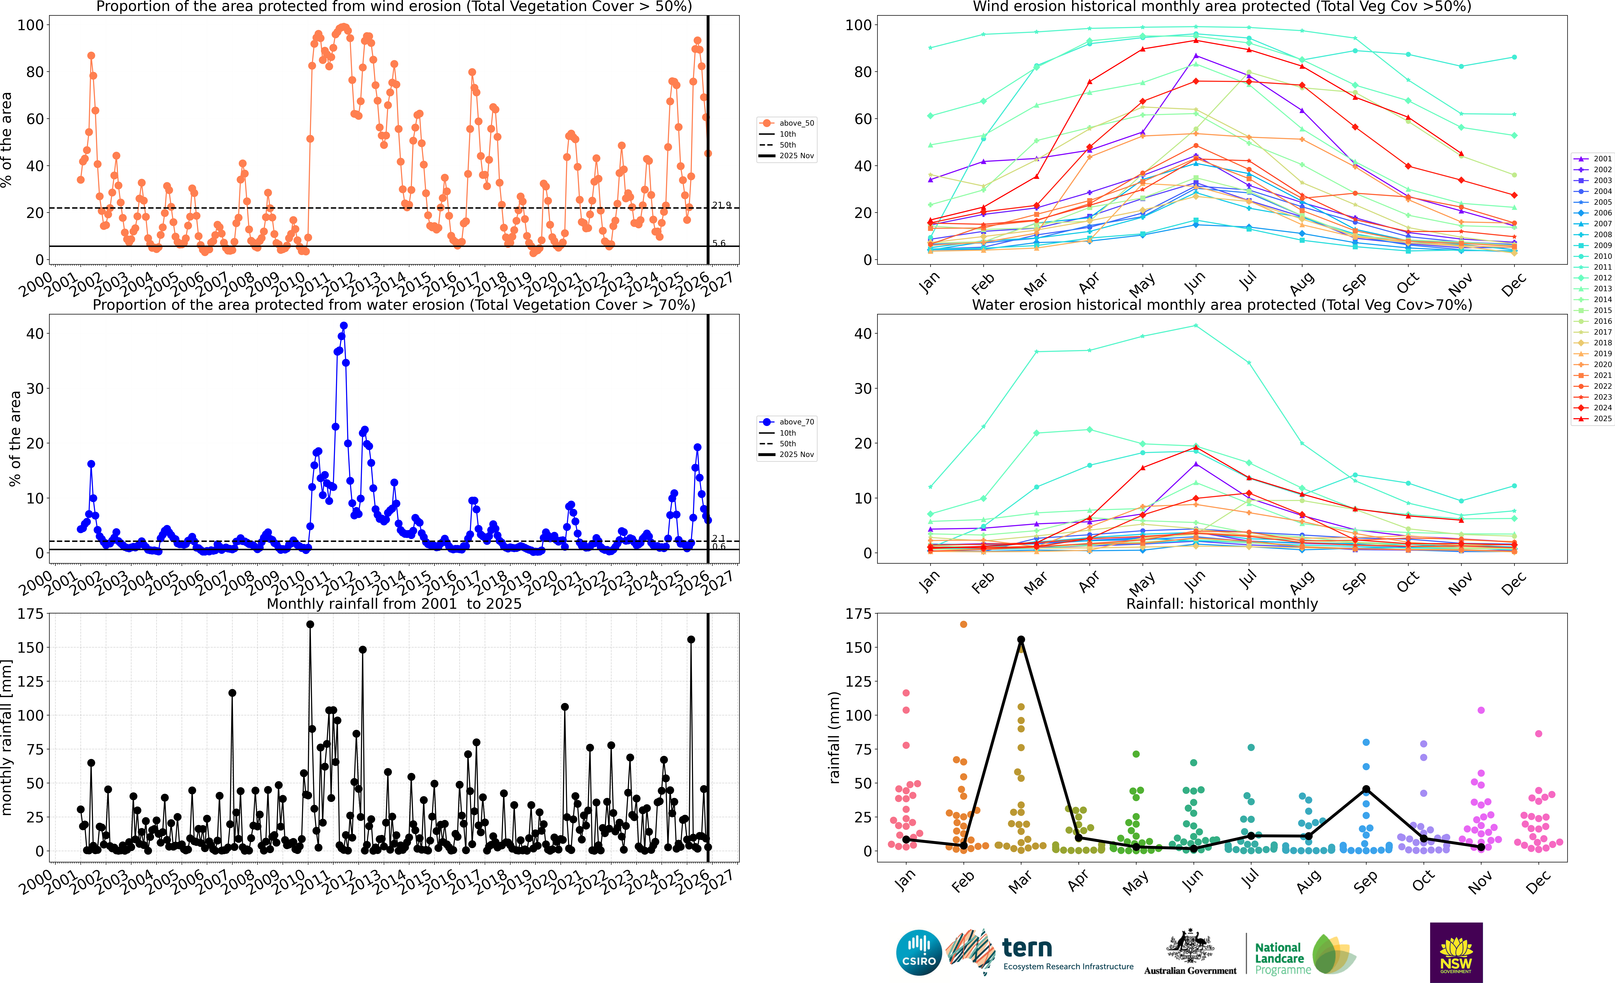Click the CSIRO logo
click(x=919, y=952)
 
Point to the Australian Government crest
click(x=1190, y=947)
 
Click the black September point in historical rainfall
click(x=1366, y=790)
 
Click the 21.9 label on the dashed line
click(x=722, y=205)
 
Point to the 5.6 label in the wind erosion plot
click(x=719, y=243)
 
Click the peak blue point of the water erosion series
click(x=343, y=326)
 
